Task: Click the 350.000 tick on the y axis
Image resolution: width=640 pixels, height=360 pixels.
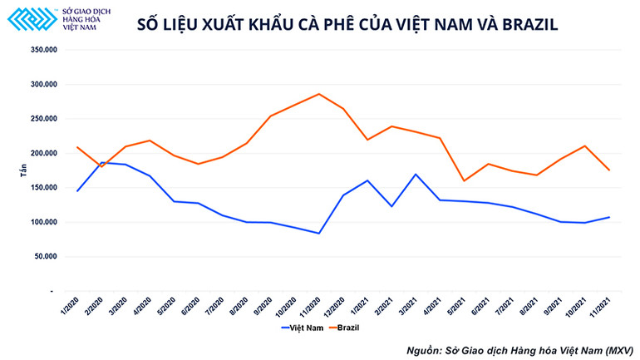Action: pyautogui.click(x=43, y=50)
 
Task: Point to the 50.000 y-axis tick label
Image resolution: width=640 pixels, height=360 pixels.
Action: pyautogui.click(x=45, y=257)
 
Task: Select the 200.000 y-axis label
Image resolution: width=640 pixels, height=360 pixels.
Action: pyautogui.click(x=43, y=154)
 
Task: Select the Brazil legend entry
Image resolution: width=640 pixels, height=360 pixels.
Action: pyautogui.click(x=346, y=327)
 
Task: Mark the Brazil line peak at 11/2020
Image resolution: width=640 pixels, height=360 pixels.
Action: pyautogui.click(x=319, y=94)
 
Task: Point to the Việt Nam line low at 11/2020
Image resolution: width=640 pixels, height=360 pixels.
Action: pyautogui.click(x=319, y=234)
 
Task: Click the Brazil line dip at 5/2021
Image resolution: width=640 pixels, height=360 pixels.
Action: pyautogui.click(x=464, y=180)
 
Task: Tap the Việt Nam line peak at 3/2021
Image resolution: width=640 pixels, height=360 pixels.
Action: pyautogui.click(x=416, y=175)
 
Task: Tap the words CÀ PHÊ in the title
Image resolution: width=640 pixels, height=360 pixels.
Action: pyautogui.click(x=322, y=24)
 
